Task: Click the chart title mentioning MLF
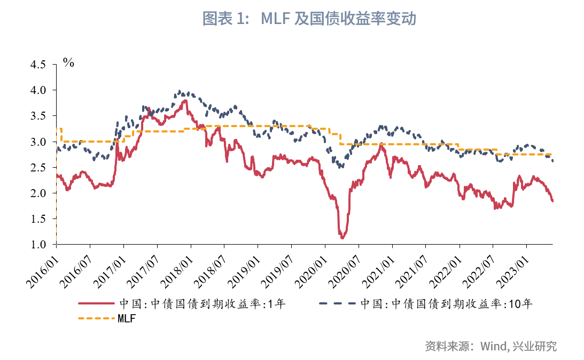pyautogui.click(x=309, y=19)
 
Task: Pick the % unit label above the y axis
pyautogui.click(x=68, y=62)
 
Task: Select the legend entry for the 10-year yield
pyautogui.click(x=446, y=304)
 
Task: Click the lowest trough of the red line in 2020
pyautogui.click(x=342, y=237)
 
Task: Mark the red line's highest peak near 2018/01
pyautogui.click(x=185, y=100)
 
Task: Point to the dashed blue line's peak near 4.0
pyautogui.click(x=180, y=91)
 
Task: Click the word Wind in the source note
pyautogui.click(x=492, y=346)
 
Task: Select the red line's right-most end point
pyautogui.click(x=552, y=201)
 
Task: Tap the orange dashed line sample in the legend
pyautogui.click(x=96, y=319)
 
